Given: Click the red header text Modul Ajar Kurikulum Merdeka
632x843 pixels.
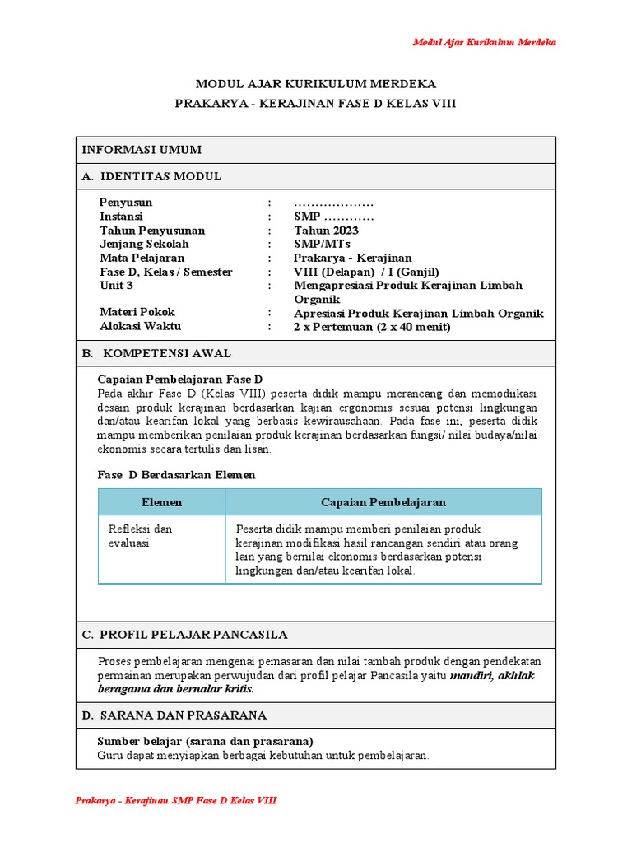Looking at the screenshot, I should [x=484, y=42].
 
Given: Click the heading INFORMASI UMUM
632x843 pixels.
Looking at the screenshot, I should [x=141, y=149].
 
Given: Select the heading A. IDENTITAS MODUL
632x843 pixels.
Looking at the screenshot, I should [x=151, y=176].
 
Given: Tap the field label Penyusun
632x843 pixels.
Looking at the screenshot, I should [x=126, y=203].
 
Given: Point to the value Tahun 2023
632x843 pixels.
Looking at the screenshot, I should [x=326, y=231].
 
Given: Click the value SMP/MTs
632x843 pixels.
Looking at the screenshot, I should [x=322, y=245].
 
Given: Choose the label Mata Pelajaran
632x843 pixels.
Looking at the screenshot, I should [x=142, y=258].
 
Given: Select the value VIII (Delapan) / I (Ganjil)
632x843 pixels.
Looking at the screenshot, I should [x=366, y=272].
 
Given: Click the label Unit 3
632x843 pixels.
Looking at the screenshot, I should [x=116, y=286].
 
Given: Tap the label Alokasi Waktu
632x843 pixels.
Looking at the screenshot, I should [x=141, y=326].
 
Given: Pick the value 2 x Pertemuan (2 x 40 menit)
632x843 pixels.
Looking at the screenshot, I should [x=372, y=327].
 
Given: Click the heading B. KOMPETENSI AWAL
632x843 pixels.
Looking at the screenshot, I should [x=156, y=353].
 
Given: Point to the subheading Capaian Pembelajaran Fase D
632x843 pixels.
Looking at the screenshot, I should [x=179, y=380].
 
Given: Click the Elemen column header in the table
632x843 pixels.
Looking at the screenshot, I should [x=162, y=502].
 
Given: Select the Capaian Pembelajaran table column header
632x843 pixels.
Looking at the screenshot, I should [x=383, y=502].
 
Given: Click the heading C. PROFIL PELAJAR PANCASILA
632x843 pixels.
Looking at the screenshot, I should [x=184, y=635].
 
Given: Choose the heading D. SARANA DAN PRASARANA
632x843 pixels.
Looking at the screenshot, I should [x=174, y=715].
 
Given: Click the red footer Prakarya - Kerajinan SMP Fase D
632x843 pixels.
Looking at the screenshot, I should [x=175, y=801].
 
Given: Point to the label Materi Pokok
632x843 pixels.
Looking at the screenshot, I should [x=137, y=312].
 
